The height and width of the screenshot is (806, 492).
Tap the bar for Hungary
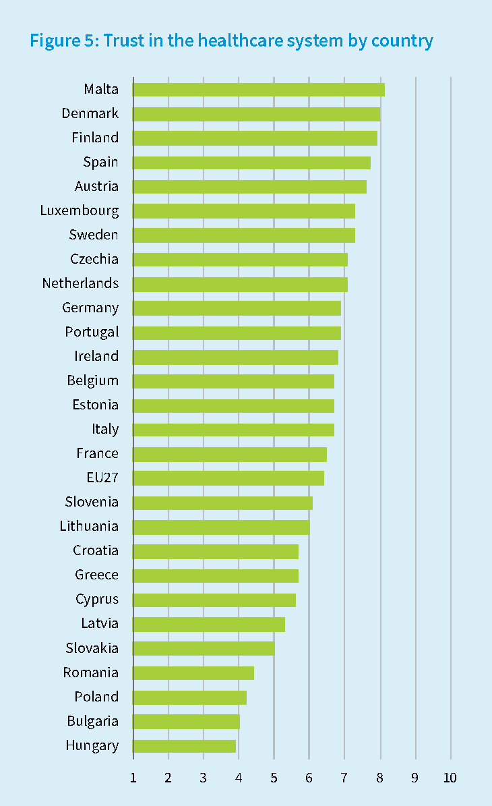click(x=185, y=745)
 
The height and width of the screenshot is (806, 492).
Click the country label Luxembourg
click(x=80, y=210)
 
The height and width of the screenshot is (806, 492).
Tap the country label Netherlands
click(x=80, y=283)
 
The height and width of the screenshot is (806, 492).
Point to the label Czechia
click(x=94, y=259)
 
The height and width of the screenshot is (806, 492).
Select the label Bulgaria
click(x=92, y=721)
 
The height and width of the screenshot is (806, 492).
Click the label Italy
click(x=105, y=429)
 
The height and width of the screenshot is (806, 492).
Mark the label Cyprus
click(x=97, y=599)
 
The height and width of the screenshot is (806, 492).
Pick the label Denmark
click(x=90, y=113)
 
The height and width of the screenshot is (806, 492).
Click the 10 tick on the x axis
click(x=450, y=778)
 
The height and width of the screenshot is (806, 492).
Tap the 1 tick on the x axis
click(x=133, y=778)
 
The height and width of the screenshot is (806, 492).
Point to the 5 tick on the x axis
click(x=274, y=778)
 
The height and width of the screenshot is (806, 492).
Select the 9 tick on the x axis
click(x=415, y=778)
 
